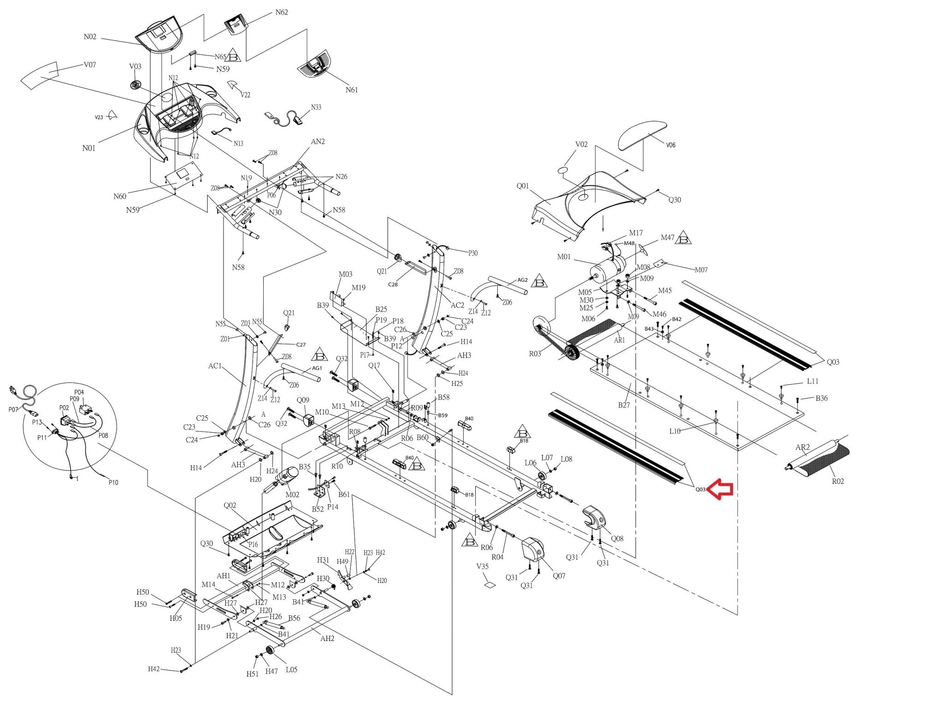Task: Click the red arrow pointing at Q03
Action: (x=720, y=489)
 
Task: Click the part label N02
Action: (x=90, y=37)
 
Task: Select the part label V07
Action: (x=90, y=65)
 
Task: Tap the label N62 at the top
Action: (x=282, y=12)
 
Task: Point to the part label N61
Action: (x=352, y=90)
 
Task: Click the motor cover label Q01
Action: (x=523, y=186)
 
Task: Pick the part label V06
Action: (x=671, y=145)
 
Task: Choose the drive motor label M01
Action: (x=564, y=257)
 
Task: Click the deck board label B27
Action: (x=624, y=405)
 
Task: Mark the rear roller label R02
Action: (x=838, y=482)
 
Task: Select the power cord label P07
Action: (x=13, y=410)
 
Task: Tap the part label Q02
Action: (x=230, y=506)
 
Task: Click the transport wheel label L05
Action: (x=291, y=670)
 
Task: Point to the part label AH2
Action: (x=327, y=639)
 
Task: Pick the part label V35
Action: (x=483, y=566)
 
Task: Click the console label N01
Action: (x=89, y=148)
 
